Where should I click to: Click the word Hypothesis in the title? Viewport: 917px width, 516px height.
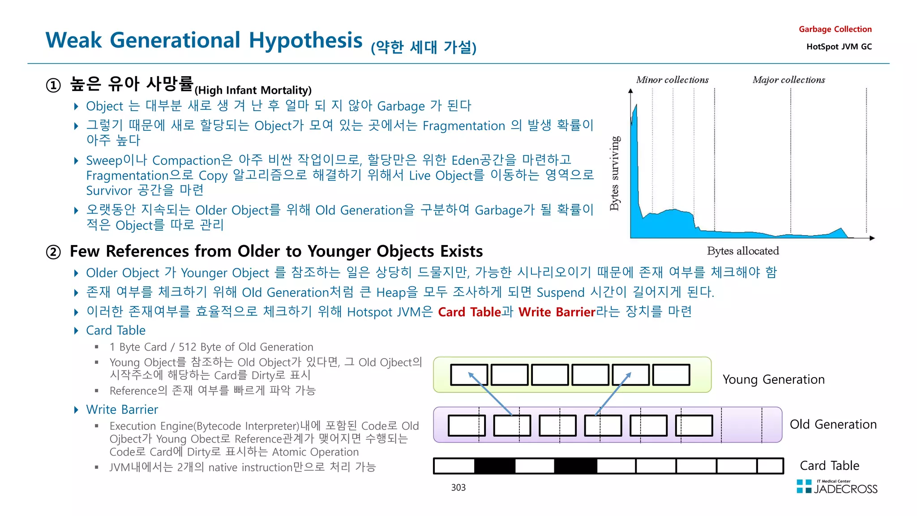click(305, 41)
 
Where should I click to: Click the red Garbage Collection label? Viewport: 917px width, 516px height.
click(835, 30)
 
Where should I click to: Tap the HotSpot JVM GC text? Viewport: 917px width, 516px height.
click(839, 47)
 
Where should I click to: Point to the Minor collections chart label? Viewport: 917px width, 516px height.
click(672, 80)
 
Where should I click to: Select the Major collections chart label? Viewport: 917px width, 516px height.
click(788, 80)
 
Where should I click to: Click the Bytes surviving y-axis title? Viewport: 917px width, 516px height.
click(615, 173)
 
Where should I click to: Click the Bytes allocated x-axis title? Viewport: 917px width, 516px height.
click(743, 251)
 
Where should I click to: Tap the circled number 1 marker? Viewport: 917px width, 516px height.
click(53, 85)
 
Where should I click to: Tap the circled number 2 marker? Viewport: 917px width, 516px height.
click(53, 252)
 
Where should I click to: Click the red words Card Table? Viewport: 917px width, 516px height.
click(469, 312)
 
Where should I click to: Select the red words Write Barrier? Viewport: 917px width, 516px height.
click(557, 312)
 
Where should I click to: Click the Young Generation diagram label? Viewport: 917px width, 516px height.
click(773, 380)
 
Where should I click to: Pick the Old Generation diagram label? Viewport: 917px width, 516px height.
click(833, 425)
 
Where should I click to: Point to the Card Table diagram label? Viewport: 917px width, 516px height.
click(829, 466)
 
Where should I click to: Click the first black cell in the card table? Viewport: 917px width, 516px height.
click(495, 466)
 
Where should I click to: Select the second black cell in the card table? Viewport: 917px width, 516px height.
click(575, 466)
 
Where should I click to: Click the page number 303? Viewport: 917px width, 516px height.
click(458, 488)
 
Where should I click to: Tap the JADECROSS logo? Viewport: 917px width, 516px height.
click(837, 487)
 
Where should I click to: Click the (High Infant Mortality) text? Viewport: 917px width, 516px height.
click(253, 90)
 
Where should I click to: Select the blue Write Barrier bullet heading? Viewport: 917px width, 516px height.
click(122, 410)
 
